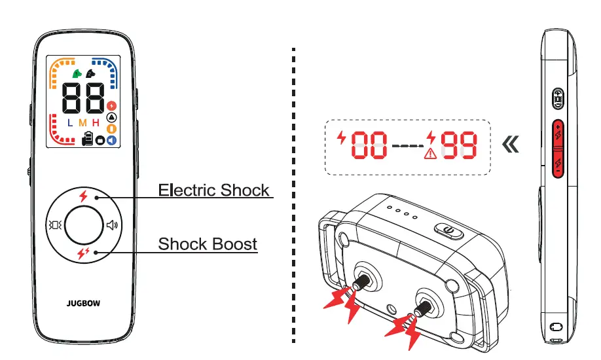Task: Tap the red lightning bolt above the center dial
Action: pos(82,196)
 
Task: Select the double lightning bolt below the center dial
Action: pos(82,254)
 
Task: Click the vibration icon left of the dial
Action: pos(54,226)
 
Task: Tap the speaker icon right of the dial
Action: pos(113,226)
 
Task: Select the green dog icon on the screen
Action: pos(77,73)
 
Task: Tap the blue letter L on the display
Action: pos(70,122)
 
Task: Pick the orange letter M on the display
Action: pos(82,122)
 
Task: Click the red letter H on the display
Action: pos(96,122)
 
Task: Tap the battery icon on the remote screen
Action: pos(88,139)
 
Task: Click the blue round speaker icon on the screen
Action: pos(111,139)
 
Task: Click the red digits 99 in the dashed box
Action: pos(458,145)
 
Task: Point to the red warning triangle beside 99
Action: pos(430,154)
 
